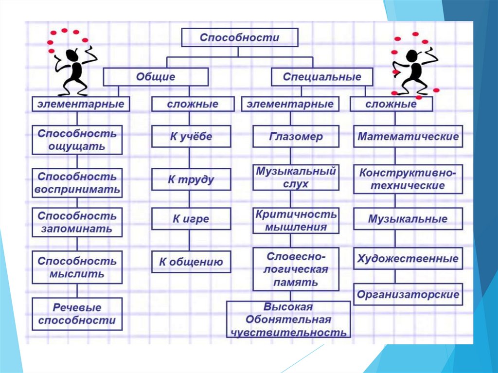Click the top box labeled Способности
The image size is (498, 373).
tap(240, 37)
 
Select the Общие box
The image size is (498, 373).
tap(156, 77)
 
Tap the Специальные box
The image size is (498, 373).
tap(322, 77)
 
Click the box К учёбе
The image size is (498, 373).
tap(191, 137)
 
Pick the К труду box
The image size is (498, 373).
tap(191, 179)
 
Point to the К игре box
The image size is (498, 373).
tap(191, 219)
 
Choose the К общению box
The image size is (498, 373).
tap(191, 262)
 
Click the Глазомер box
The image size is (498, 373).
tap(296, 137)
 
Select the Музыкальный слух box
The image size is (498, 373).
tap(296, 178)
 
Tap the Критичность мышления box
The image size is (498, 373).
tap(296, 220)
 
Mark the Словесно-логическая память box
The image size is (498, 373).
tap(296, 269)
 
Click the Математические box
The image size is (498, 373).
tap(408, 137)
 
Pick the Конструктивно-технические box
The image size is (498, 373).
tap(408, 179)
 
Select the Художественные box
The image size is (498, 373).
tap(408, 259)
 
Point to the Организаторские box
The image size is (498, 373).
tap(408, 294)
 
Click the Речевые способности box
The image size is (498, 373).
tap(77, 314)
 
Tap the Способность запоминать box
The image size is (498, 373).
tap(77, 222)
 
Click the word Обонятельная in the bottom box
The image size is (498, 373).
tap(288, 320)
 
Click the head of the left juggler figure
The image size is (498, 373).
tap(72, 54)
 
